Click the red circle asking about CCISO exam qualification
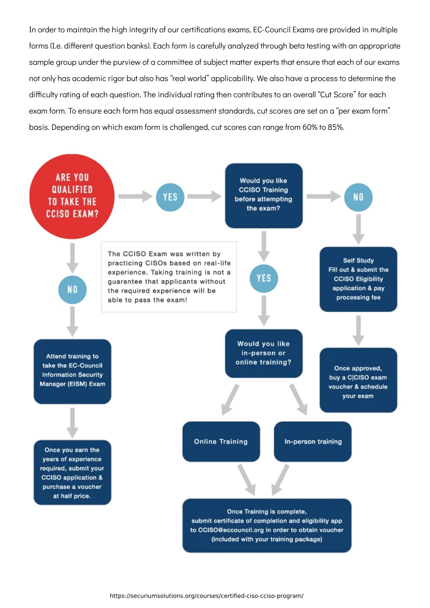point(72,196)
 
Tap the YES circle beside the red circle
point(170,197)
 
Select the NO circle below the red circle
point(72,290)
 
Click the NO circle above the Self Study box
point(358,197)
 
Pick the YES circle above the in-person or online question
point(264,278)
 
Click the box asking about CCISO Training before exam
point(264,196)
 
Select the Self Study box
point(358,279)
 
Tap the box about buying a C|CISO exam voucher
point(358,380)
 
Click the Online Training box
point(221,441)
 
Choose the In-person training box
point(313,441)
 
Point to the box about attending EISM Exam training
point(72,371)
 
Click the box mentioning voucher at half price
point(72,472)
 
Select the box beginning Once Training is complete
point(267,525)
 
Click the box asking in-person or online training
point(264,353)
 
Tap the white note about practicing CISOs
point(169,277)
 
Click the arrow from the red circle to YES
point(135,196)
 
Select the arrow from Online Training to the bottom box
point(246,480)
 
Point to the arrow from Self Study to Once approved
point(358,330)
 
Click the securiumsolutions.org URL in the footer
point(207,596)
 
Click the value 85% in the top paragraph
point(336,127)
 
